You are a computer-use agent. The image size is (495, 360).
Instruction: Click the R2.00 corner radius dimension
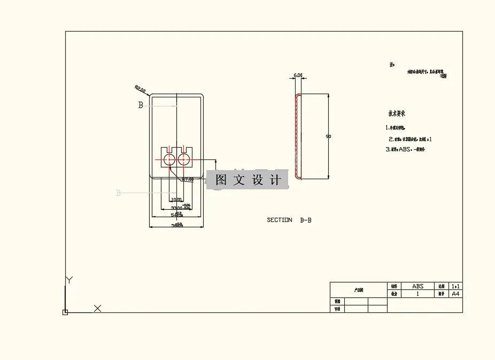tap(140, 89)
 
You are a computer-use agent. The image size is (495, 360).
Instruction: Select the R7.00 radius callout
tap(188, 180)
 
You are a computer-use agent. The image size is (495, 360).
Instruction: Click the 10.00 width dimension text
tap(176, 200)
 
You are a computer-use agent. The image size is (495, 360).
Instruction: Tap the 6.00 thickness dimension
tap(298, 75)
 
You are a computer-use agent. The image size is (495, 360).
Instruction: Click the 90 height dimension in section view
tap(328, 136)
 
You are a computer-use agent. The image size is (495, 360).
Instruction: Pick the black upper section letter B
tap(141, 105)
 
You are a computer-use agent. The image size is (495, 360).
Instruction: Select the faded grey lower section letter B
tap(118, 193)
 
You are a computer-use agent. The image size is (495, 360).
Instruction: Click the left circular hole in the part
tap(169, 159)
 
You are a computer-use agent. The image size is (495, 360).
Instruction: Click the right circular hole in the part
tap(185, 159)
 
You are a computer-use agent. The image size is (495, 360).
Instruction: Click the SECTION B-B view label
tap(289, 220)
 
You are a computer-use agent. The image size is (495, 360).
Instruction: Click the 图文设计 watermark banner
tap(247, 180)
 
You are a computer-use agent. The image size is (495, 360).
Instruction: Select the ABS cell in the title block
tap(417, 286)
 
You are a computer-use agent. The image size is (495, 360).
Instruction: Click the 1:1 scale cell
tap(456, 286)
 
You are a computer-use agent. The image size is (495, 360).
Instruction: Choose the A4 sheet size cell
tap(456, 294)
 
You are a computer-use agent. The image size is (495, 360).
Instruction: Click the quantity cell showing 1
tap(417, 294)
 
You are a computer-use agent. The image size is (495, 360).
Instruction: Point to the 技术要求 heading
tap(397, 114)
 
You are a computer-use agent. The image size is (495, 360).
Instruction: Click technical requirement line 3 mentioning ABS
tap(405, 150)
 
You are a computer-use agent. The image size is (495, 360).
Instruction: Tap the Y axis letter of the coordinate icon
tap(68, 280)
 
